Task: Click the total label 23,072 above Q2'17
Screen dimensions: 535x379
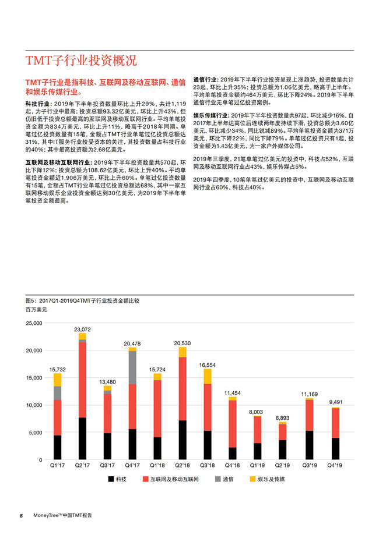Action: [82, 329]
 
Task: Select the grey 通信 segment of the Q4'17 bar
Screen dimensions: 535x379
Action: [132, 367]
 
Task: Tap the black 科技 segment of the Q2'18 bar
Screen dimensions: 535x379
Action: [183, 440]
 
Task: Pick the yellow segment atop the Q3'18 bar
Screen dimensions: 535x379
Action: [208, 376]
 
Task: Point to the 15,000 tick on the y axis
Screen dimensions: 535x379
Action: [34, 378]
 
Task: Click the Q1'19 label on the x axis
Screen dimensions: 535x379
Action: [258, 466]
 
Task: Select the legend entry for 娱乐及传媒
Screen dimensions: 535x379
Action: [271, 480]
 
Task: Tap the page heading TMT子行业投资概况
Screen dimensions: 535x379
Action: [81, 61]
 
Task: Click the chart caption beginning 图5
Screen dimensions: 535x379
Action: [82, 300]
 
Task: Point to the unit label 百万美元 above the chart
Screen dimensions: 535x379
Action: [36, 310]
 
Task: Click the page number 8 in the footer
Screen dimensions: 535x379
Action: [21, 516]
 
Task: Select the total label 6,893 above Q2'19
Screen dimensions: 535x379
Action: [283, 418]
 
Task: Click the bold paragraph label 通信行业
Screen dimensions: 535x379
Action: [206, 79]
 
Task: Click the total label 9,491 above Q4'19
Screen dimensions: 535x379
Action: [333, 402]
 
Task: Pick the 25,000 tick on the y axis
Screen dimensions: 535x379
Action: [34, 323]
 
